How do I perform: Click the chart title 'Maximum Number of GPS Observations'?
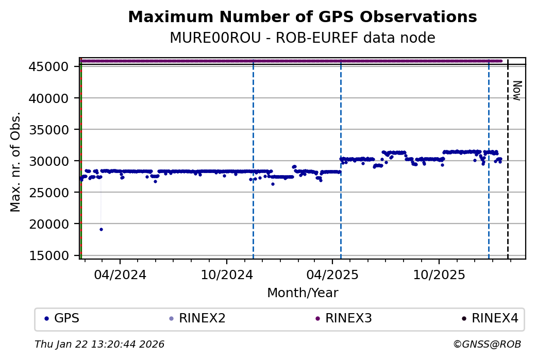click(302, 17)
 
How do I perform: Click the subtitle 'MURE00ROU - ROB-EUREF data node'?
click(302, 38)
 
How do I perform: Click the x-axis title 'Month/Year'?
click(303, 293)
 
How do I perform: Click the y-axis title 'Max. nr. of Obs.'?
click(15, 161)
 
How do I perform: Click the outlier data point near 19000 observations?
click(101, 229)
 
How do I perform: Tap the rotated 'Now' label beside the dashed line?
click(517, 90)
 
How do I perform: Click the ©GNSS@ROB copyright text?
click(487, 344)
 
